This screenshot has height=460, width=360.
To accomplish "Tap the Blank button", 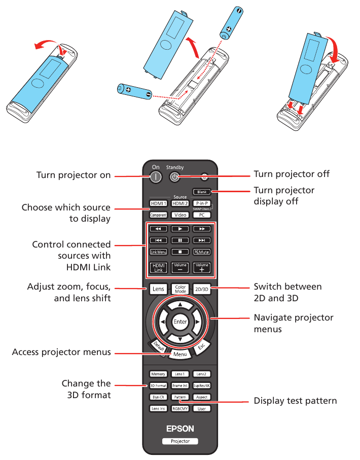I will (x=201, y=192).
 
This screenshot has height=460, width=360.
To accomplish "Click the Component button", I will (x=158, y=215).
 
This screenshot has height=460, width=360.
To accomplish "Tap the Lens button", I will (x=158, y=289).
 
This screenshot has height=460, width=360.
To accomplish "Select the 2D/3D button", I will (x=201, y=289).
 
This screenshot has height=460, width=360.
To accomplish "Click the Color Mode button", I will (x=180, y=289).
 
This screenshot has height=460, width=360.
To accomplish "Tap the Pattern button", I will (x=180, y=397).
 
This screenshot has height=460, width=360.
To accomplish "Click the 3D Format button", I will (x=158, y=386).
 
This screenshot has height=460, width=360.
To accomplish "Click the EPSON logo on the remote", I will (x=180, y=429).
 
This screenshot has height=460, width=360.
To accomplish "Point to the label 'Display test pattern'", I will (x=295, y=401).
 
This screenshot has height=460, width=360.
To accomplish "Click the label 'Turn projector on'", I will (x=74, y=175).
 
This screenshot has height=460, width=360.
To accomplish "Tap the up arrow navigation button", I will (x=180, y=304).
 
